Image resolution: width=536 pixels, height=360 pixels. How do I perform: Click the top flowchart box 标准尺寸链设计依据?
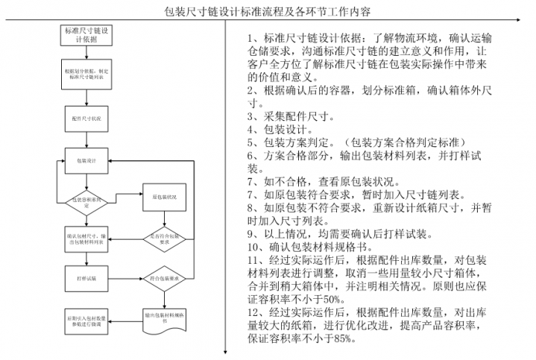point(86,35)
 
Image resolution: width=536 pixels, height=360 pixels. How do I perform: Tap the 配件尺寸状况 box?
point(86,119)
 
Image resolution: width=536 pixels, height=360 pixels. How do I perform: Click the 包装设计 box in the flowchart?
point(86,160)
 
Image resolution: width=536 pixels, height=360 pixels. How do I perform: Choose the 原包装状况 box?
point(164,198)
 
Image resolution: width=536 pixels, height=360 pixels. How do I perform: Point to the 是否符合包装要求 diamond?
point(164,239)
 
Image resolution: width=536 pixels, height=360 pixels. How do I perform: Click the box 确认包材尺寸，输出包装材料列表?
point(86,239)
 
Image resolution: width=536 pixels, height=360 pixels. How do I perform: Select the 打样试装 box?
point(86,278)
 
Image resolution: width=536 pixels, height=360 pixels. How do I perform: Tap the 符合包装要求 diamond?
point(164,278)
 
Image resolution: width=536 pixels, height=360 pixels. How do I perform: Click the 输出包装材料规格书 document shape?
point(164,318)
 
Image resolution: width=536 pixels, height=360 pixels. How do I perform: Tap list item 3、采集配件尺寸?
point(291,116)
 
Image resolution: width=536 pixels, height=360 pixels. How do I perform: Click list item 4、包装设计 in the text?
point(280,129)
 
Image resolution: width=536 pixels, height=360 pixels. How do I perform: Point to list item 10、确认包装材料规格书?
point(306,247)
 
